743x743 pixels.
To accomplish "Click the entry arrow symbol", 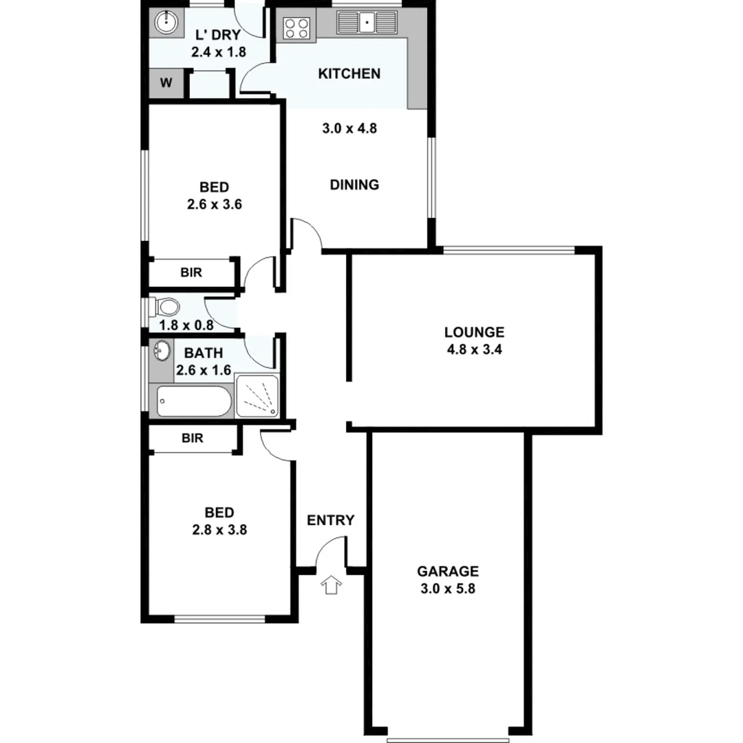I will point(332,585).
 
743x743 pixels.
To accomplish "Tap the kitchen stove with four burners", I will point(297,28).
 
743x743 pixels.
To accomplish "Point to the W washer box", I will point(166,84).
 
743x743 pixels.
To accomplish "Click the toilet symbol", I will point(165,305).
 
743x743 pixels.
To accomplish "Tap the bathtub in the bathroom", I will point(193,401).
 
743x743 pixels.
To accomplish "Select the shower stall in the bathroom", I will point(257,396).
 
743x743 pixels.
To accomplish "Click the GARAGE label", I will point(448,571).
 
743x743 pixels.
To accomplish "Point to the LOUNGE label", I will point(474,333).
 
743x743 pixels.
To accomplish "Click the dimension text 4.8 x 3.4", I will point(474,349).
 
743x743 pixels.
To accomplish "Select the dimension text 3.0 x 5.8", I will point(448,588).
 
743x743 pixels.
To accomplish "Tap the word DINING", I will point(354,184).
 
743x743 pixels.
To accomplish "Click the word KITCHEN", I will point(349,74).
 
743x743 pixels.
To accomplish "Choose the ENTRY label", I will point(330,520).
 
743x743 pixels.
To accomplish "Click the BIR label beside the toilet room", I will point(192,272).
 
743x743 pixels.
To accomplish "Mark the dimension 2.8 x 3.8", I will point(219,530).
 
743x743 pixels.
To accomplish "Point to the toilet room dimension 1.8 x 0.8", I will point(186,325).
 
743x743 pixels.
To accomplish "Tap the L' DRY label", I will point(218,35).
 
